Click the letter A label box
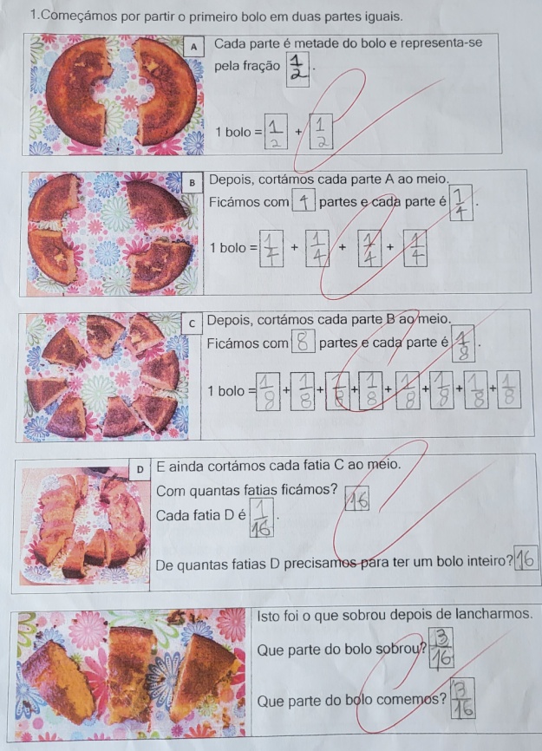(x=194, y=47)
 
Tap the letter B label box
(x=193, y=182)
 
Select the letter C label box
(x=193, y=323)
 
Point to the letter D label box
(x=140, y=469)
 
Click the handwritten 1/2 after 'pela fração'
(x=297, y=69)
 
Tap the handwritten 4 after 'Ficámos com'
(x=304, y=200)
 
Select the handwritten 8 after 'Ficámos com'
(x=303, y=341)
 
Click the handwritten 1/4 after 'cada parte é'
(x=460, y=203)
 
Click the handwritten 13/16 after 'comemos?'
(x=462, y=698)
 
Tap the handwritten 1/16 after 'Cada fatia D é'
(x=261, y=517)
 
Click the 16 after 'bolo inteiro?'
(x=526, y=558)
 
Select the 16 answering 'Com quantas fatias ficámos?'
(x=357, y=499)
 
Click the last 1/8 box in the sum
(x=508, y=389)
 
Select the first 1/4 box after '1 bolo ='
(x=271, y=248)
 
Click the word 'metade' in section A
(x=316, y=43)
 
